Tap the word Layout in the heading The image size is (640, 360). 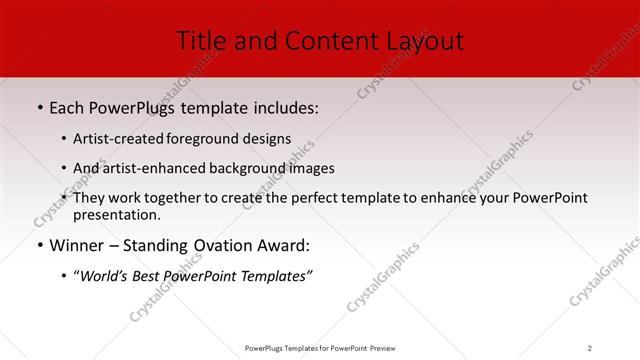click(x=424, y=41)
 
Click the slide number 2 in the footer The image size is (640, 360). click(x=590, y=348)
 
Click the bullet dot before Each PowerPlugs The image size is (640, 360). click(x=39, y=107)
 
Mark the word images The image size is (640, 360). click(x=310, y=168)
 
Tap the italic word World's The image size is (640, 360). click(x=108, y=277)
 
